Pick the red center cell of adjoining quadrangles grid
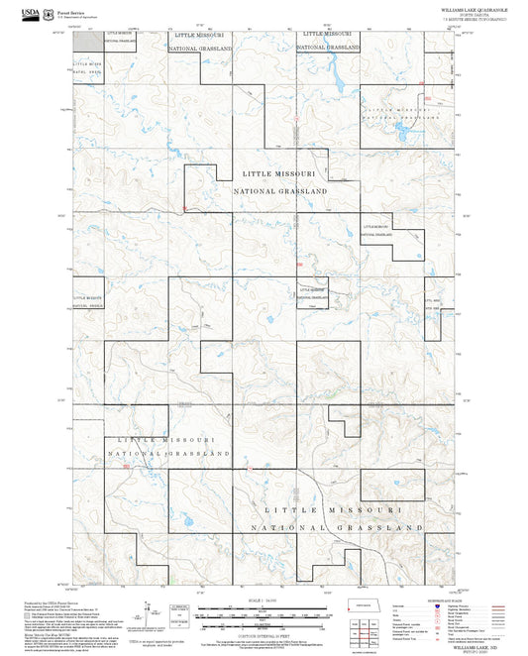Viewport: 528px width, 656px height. click(364, 632)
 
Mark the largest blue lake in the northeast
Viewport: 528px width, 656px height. click(401, 127)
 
